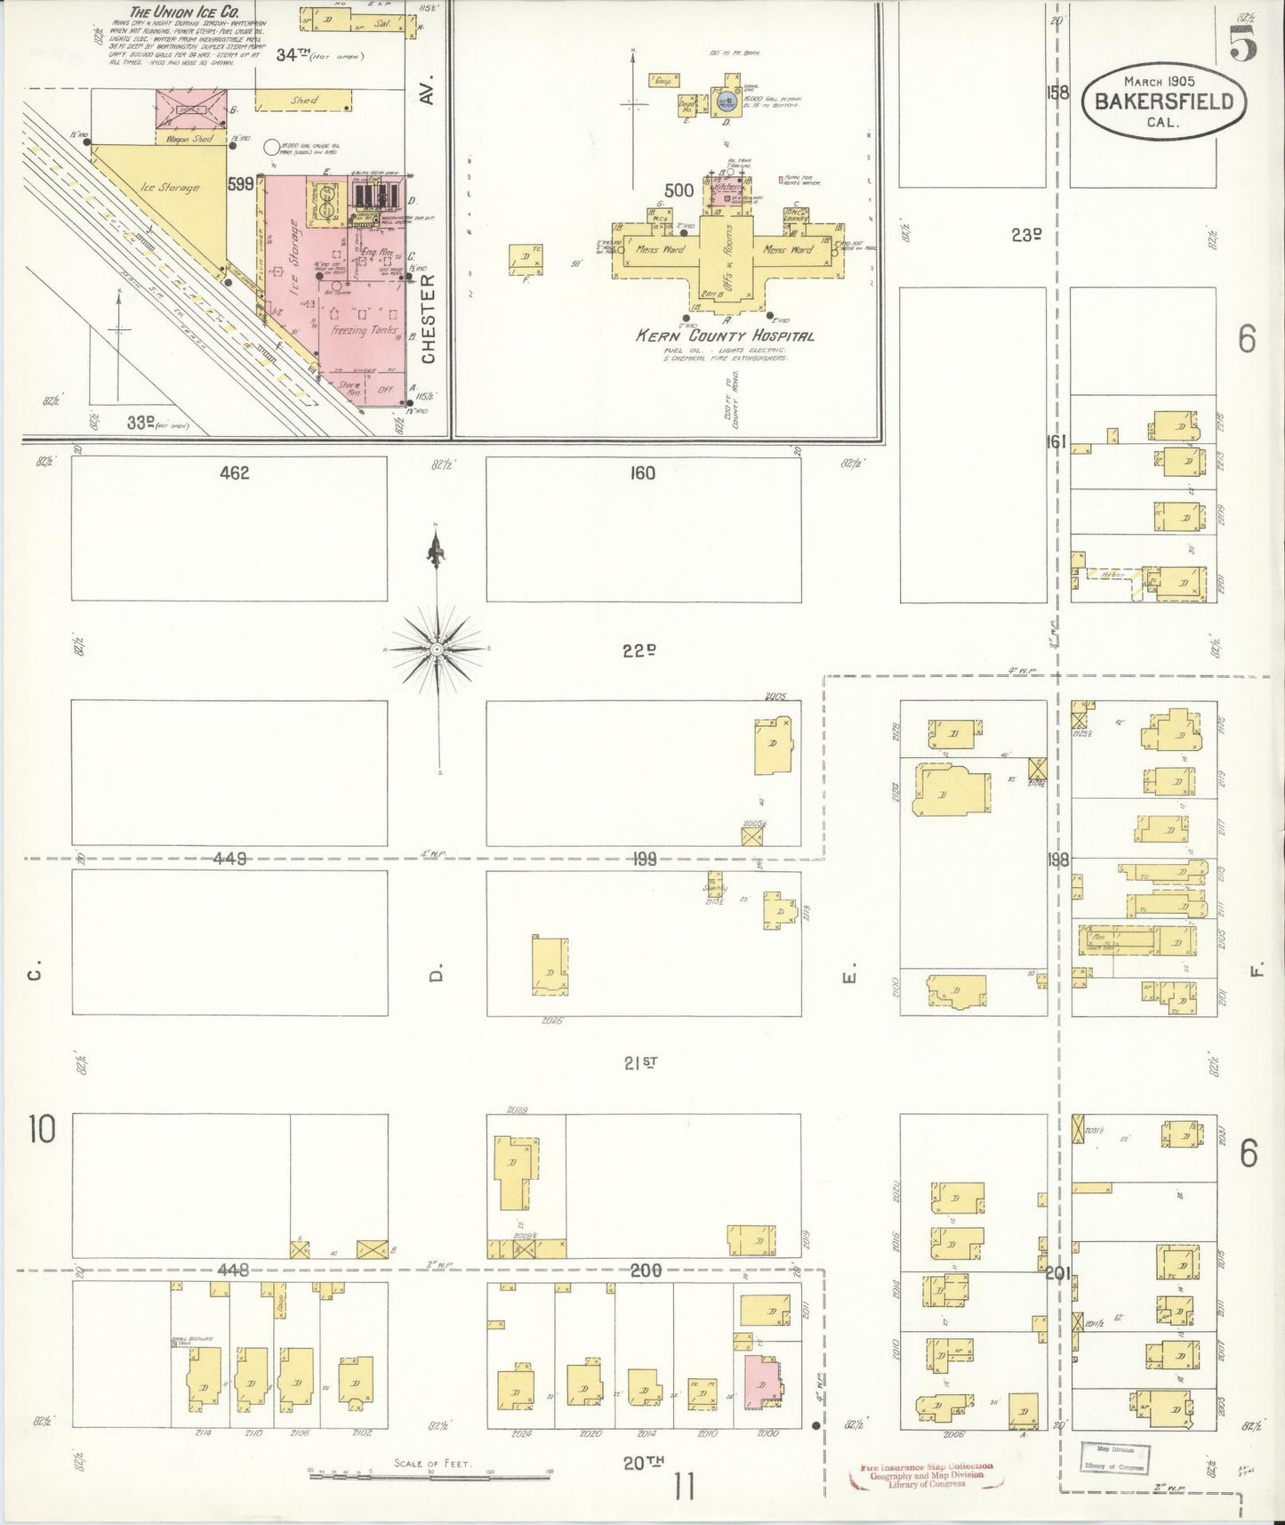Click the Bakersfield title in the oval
[x=1163, y=101]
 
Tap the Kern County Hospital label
[x=725, y=336]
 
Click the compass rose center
[x=437, y=651]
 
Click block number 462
[x=235, y=473]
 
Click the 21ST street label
[x=640, y=1061]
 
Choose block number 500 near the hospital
[x=679, y=190]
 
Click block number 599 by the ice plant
[x=241, y=184]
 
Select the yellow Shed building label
[x=303, y=101]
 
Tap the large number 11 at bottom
[x=683, y=1488]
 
